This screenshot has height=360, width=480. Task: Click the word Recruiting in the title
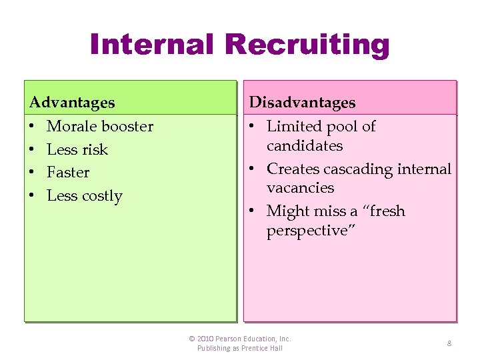click(307, 45)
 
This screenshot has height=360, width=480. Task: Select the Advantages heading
click(72, 103)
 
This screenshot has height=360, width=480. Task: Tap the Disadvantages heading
click(302, 103)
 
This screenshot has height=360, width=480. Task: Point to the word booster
click(127, 126)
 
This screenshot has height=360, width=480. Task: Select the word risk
click(95, 149)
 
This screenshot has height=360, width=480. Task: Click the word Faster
click(68, 172)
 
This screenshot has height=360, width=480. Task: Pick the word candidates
click(305, 145)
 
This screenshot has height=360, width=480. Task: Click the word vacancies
click(300, 187)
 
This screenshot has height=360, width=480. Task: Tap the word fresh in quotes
click(386, 211)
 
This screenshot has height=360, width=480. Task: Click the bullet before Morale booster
click(33, 127)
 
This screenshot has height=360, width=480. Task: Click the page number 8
click(449, 343)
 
